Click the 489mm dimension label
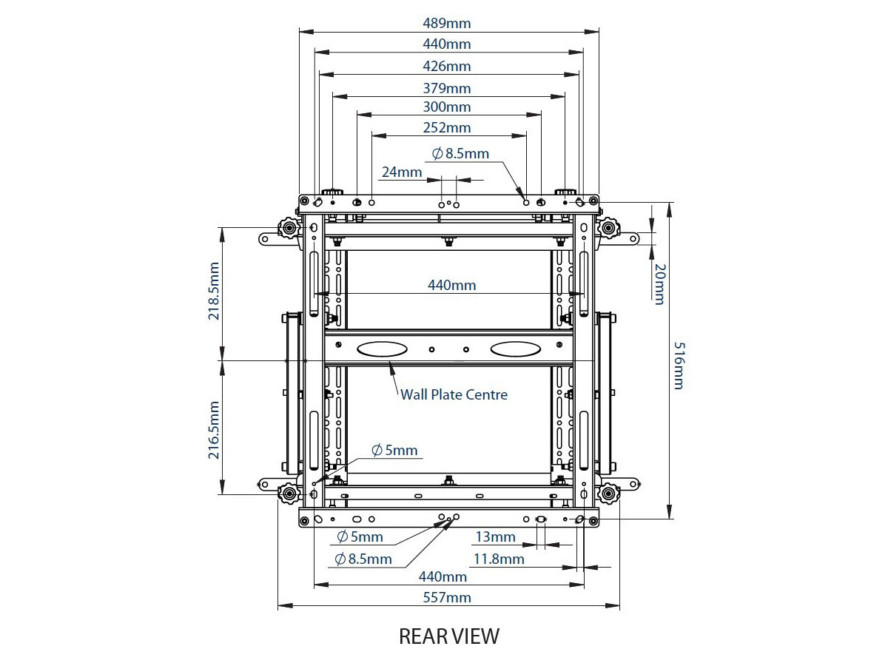pos(447,23)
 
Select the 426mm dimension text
pos(447,66)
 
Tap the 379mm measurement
pos(447,88)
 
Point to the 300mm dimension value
pos(447,107)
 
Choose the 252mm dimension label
pos(447,127)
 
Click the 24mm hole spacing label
pos(402,172)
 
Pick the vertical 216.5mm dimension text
pos(214,431)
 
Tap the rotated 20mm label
pos(659,283)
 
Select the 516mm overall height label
pos(679,366)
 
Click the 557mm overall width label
pos(447,597)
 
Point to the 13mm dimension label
pos(495,536)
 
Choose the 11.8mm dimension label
pos(499,559)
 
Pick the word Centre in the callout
pos(486,394)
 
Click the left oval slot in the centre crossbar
pos(381,348)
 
